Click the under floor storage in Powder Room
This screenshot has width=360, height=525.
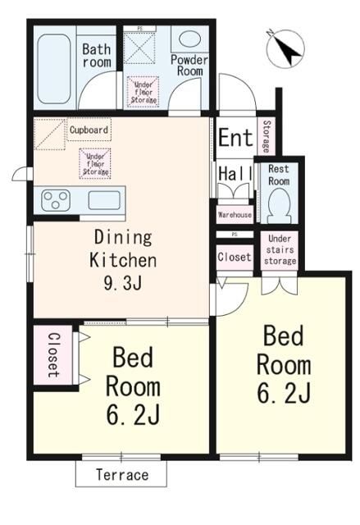pyautogui.click(x=143, y=90)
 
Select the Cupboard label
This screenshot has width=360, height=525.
pyautogui.click(x=89, y=130)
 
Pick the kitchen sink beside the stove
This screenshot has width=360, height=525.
pyautogui.click(x=104, y=200)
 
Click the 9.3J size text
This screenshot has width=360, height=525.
pyautogui.click(x=123, y=285)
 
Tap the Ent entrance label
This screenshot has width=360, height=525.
pyautogui.click(x=235, y=137)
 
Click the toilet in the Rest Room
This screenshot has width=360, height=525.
pyautogui.click(x=277, y=202)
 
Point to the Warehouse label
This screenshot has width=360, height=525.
pyautogui.click(x=235, y=215)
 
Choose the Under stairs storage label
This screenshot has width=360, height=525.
pyautogui.click(x=280, y=249)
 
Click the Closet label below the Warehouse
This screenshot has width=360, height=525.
pyautogui.click(x=235, y=257)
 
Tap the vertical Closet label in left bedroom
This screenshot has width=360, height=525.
pyautogui.click(x=52, y=354)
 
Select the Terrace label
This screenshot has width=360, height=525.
pyautogui.click(x=121, y=475)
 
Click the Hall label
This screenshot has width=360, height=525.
pyautogui.click(x=234, y=173)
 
